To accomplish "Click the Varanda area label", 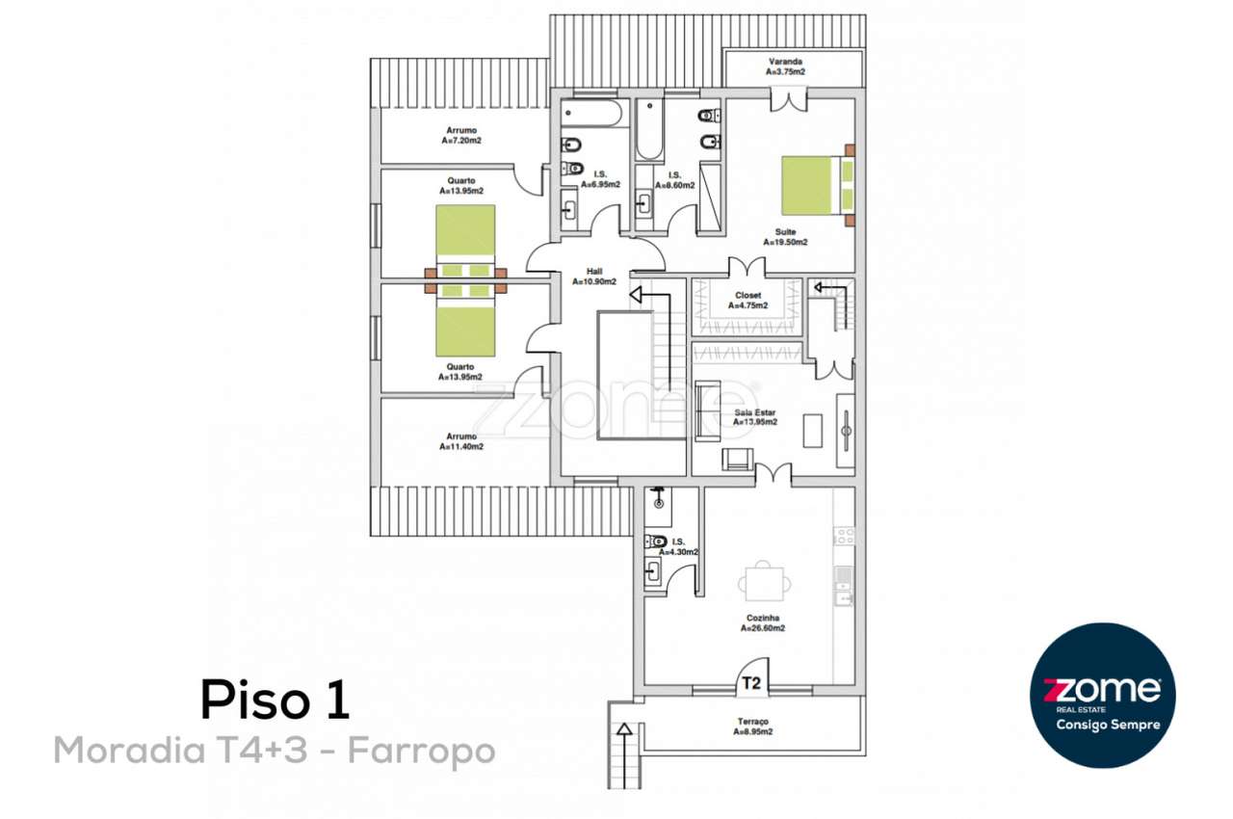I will [x=785, y=66].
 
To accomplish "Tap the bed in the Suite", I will [x=816, y=186].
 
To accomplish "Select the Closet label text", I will [x=748, y=301].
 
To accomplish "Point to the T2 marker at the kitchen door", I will [x=751, y=684].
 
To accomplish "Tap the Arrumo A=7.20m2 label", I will [x=460, y=136].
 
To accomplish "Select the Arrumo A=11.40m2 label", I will [x=460, y=441].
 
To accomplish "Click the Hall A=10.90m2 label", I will [x=593, y=277].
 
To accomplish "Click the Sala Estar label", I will [x=754, y=416].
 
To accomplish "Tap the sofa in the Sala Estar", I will [x=706, y=411].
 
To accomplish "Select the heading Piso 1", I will [x=275, y=700].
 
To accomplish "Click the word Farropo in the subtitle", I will [x=421, y=750].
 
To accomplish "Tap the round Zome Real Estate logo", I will [x=1103, y=695].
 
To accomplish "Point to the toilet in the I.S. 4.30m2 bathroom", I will [x=656, y=542].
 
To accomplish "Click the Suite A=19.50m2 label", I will [x=785, y=237].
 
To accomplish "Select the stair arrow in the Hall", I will [x=637, y=295].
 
